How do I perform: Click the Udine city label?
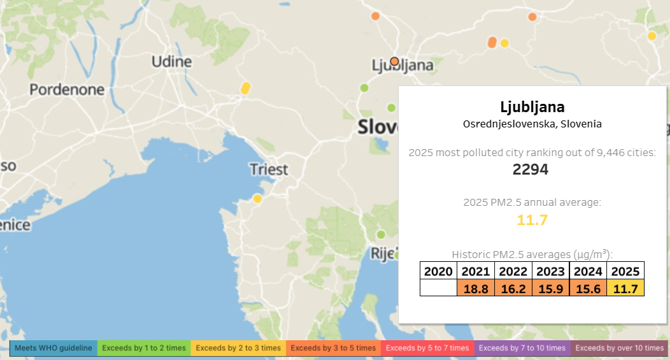pos(171,62)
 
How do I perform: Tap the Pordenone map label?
pos(67,90)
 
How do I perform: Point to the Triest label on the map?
pos(269,169)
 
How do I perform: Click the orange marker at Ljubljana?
pos(394,61)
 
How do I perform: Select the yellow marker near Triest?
pos(257,199)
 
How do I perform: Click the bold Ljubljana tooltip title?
pos(532,106)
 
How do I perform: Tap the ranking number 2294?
pos(531,170)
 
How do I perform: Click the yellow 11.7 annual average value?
pos(532,220)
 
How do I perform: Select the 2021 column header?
pos(476,271)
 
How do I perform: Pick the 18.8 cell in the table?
pos(476,288)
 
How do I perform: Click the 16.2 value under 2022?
pos(513,288)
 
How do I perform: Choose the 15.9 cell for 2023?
pos(550,288)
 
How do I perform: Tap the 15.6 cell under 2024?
pos(588,288)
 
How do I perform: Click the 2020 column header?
pos(438,271)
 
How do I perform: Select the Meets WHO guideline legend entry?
pos(53,348)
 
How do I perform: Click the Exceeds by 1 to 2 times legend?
pos(143,348)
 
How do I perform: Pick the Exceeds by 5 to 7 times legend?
pos(427,348)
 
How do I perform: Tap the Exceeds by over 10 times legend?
pos(619,348)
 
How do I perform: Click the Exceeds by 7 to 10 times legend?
pos(522,348)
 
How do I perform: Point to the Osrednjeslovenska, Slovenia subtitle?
pos(532,124)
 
